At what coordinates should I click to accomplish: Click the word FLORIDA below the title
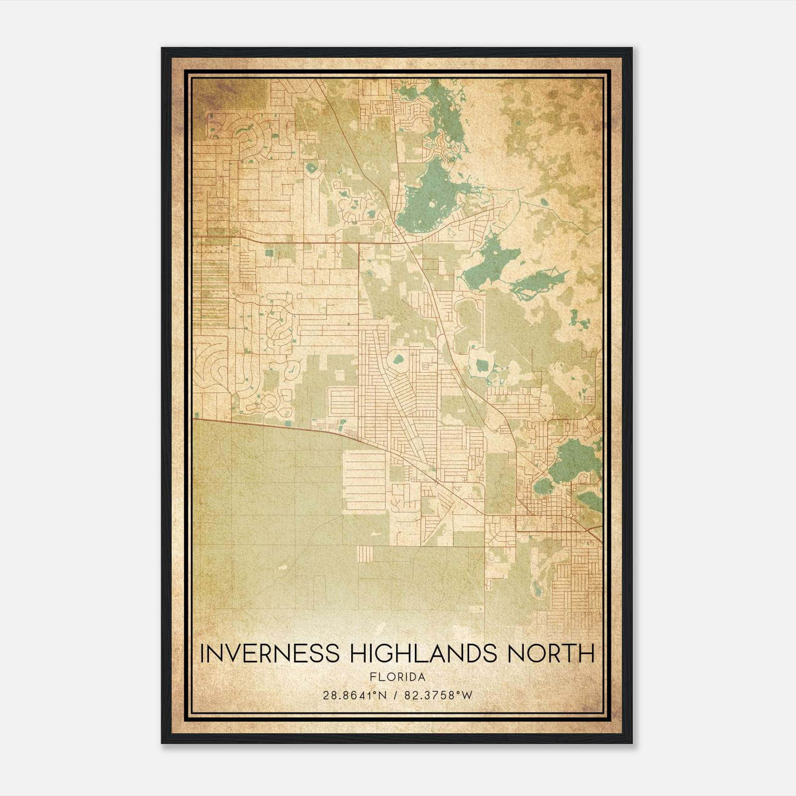398,677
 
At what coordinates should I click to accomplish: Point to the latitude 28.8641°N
355,695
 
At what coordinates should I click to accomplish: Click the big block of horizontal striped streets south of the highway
365,480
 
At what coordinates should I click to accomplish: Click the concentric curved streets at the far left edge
209,368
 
